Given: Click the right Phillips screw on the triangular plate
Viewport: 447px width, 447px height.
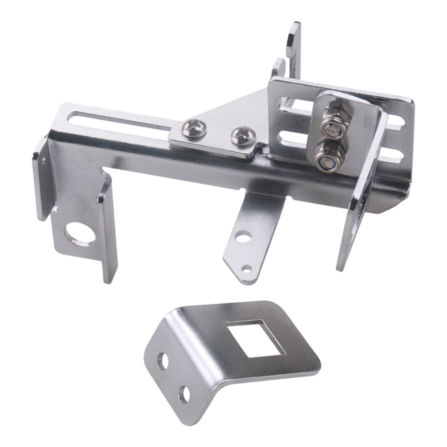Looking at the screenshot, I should click(x=243, y=136).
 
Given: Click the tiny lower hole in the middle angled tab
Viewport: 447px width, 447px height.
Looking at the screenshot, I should click(x=246, y=269).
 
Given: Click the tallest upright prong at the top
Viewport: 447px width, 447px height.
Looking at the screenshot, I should click(x=294, y=47).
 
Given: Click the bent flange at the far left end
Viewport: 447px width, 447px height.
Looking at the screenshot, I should click(x=42, y=179).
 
